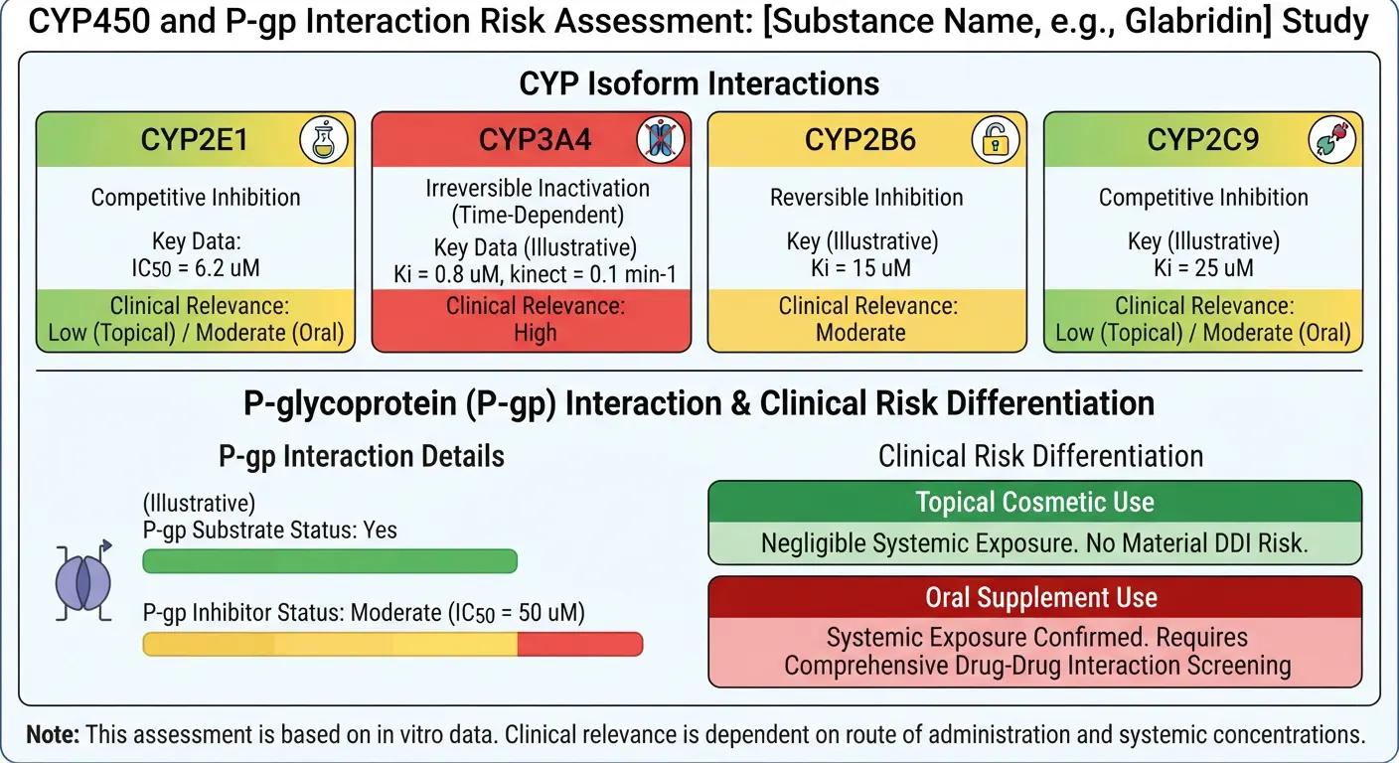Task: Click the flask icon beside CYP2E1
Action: (324, 140)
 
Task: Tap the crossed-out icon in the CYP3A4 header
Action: (661, 139)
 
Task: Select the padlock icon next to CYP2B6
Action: (996, 140)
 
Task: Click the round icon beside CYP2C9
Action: (1332, 140)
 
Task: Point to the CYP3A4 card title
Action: (535, 139)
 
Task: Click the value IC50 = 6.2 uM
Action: (196, 268)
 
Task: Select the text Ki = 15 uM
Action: (860, 268)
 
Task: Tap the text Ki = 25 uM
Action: (1203, 268)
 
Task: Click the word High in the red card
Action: (536, 332)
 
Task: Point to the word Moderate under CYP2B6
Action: (860, 332)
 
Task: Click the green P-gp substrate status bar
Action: (330, 560)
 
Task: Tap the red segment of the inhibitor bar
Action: (580, 644)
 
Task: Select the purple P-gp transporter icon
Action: (83, 582)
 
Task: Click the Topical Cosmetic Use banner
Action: (1035, 502)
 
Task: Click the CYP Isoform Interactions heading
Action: (699, 83)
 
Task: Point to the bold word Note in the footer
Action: (53, 734)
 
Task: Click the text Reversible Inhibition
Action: (866, 198)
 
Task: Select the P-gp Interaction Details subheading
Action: (361, 456)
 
